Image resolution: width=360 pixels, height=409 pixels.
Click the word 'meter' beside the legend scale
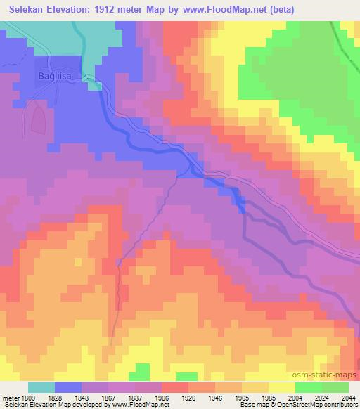(x=8, y=397)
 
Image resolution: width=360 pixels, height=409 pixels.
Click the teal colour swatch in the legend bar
(x=41, y=387)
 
